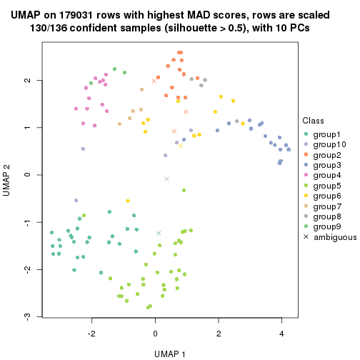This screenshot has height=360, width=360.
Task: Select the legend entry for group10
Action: pyautogui.click(x=329, y=144)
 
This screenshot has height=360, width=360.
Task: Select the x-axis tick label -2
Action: pyautogui.click(x=91, y=332)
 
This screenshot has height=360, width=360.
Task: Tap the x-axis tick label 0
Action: pyautogui.click(x=155, y=332)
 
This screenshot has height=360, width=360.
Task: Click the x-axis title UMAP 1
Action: pyautogui.click(x=170, y=353)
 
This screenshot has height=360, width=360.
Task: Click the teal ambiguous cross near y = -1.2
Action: pyautogui.click(x=159, y=233)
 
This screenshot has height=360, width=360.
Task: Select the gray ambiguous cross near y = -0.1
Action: pyautogui.click(x=166, y=179)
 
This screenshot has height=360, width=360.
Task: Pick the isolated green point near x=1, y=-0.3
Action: pyautogui.click(x=184, y=190)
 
